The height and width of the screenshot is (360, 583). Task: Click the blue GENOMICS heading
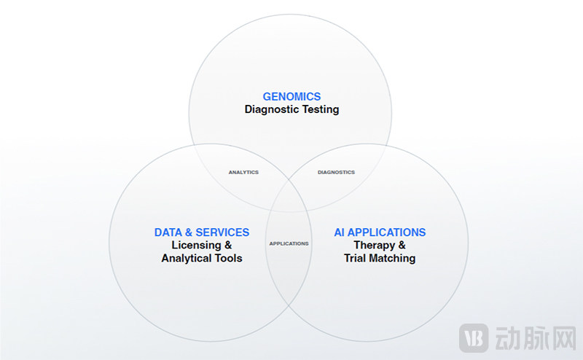(291, 96)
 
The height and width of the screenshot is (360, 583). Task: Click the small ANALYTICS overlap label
(243, 173)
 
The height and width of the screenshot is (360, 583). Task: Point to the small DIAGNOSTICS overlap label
(337, 173)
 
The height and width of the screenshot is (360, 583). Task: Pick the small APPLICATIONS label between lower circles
(289, 243)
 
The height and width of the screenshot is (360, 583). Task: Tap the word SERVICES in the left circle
(222, 232)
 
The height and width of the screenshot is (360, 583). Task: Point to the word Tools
(229, 258)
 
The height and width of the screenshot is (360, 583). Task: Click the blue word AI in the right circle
(339, 232)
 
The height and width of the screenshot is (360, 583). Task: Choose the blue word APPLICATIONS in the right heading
(386, 232)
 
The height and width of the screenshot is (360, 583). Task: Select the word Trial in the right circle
(356, 258)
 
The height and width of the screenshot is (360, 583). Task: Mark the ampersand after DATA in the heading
(188, 232)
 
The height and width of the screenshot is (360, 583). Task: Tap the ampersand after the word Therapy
(402, 246)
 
